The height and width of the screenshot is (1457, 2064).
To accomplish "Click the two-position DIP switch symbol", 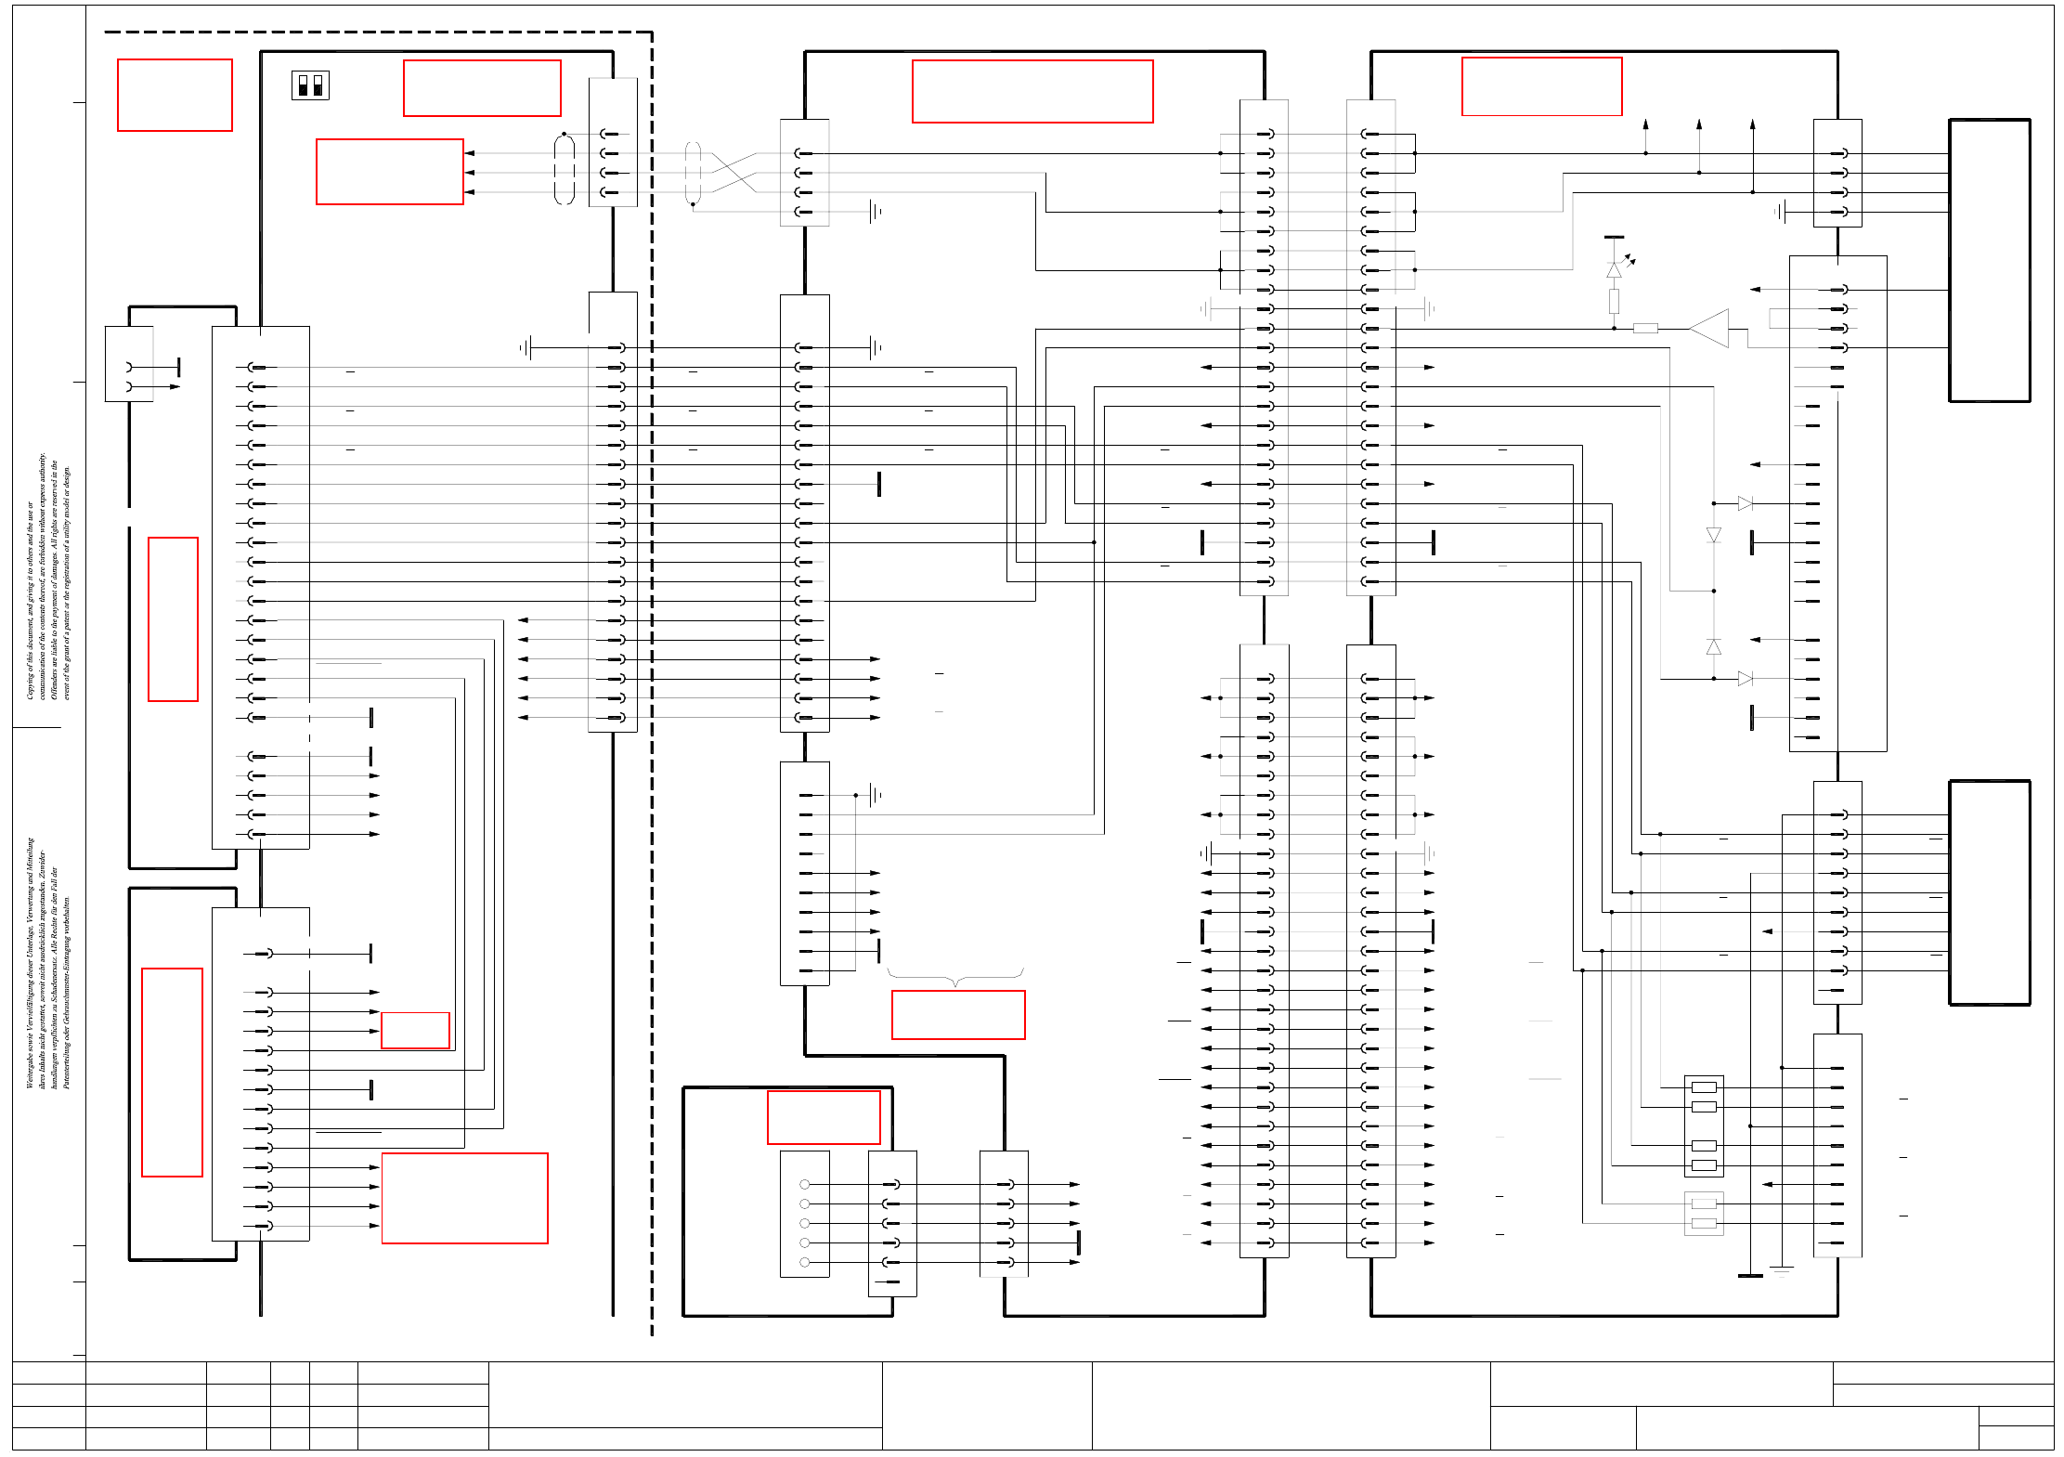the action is (310, 85).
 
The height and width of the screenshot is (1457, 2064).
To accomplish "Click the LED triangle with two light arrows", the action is (1614, 269).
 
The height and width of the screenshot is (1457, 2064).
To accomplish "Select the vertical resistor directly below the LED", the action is (1614, 300).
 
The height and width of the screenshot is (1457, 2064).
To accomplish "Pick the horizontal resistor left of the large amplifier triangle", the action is (1645, 328).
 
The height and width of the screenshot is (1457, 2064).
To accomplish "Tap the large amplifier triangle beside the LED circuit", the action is (1710, 328).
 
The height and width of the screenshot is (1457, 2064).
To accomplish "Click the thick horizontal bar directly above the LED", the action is (1614, 238).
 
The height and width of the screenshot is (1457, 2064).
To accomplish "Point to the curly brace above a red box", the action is (955, 976).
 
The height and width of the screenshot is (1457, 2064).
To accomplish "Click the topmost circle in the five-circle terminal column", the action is (804, 1184).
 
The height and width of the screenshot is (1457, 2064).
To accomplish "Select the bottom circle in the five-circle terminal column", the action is (804, 1262).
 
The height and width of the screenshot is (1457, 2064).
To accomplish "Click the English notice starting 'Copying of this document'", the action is (47, 576).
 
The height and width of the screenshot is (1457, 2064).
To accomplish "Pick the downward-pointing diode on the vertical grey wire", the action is (1714, 535).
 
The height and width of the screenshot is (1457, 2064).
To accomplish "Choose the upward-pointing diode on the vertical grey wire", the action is (1714, 647).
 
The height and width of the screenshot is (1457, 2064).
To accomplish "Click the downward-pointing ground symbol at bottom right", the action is (1781, 1270).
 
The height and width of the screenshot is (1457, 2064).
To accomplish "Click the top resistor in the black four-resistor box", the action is (1704, 1086).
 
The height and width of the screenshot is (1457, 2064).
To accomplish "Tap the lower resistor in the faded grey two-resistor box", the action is (1704, 1223).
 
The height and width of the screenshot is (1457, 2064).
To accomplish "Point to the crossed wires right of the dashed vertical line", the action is (733, 173).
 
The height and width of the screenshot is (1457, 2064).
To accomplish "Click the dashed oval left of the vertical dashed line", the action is (564, 169).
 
